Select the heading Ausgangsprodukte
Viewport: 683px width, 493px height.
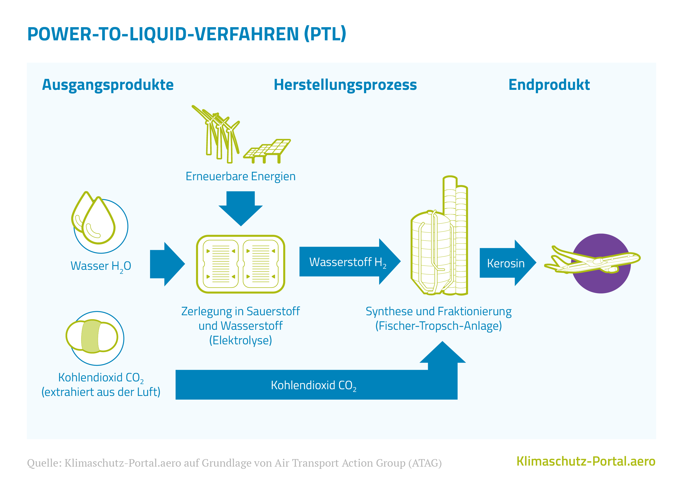click(108, 85)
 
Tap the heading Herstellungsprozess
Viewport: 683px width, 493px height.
click(345, 85)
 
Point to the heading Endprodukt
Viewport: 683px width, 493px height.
click(549, 85)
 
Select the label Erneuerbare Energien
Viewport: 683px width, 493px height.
click(240, 176)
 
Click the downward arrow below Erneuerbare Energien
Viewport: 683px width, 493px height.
click(240, 208)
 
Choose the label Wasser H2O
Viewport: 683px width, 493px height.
click(101, 266)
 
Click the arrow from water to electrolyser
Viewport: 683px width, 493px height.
click(167, 264)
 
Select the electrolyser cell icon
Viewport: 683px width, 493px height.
click(240, 264)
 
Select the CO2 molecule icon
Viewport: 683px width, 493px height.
click(92, 336)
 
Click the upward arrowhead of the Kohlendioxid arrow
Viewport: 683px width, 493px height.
click(442, 354)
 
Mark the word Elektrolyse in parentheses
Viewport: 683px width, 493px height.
click(240, 340)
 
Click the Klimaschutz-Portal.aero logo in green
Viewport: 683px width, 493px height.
click(586, 461)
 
